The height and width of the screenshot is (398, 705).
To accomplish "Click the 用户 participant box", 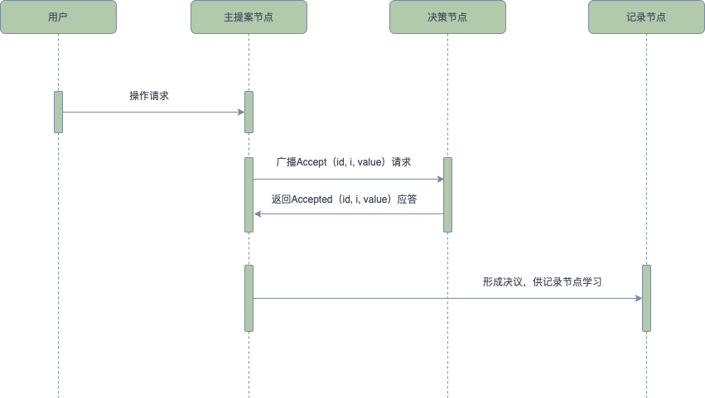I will click(x=58, y=17).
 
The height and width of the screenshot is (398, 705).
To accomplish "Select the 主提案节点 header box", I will click(x=249, y=17).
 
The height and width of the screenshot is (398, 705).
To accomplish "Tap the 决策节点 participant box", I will click(x=447, y=17).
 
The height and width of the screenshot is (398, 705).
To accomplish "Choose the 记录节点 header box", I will click(x=646, y=17).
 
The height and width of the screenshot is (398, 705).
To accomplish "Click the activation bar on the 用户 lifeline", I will click(x=58, y=112).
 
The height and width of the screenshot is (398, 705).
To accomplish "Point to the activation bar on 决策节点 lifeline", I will click(x=447, y=194).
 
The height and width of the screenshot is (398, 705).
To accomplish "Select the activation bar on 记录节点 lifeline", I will click(x=646, y=298).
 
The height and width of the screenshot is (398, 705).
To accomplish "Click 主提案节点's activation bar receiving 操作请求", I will click(x=249, y=112).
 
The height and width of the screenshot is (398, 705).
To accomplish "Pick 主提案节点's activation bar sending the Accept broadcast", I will click(x=249, y=194).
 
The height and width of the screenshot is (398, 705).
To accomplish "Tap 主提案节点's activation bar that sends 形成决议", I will click(x=249, y=298).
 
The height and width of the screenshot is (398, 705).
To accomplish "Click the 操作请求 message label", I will click(x=149, y=96).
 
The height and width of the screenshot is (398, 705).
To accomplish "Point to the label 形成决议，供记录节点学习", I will click(x=542, y=282).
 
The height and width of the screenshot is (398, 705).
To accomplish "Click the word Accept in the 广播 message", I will click(x=312, y=162).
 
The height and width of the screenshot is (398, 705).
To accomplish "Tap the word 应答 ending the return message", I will click(x=407, y=199).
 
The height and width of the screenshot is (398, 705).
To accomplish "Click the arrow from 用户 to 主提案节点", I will click(x=153, y=112).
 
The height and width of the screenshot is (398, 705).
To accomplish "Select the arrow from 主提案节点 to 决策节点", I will click(x=348, y=179).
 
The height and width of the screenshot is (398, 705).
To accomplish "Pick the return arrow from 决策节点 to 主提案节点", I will click(x=348, y=214).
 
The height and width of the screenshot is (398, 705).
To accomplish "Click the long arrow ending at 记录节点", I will click(x=447, y=298).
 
